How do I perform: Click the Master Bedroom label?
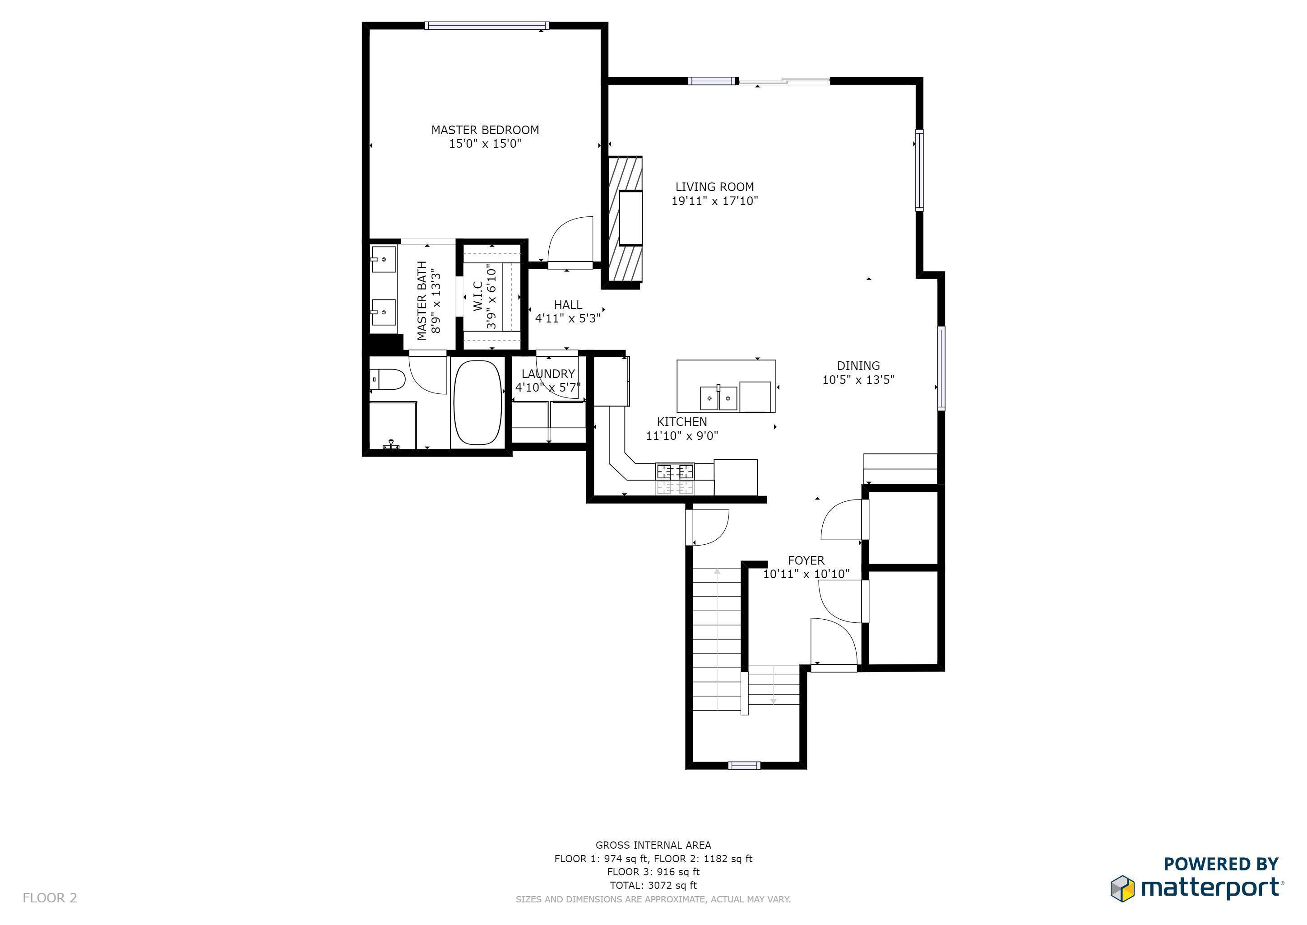485,130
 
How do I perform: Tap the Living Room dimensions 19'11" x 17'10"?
715,201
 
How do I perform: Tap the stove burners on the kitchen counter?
675,472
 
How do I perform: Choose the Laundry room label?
548,374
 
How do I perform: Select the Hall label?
568,305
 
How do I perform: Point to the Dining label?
858,366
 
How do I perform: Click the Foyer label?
806,560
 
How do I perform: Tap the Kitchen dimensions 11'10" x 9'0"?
682,436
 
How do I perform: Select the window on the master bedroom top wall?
487,26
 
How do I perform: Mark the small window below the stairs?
745,766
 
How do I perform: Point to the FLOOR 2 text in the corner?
50,898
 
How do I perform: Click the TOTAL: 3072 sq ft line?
653,885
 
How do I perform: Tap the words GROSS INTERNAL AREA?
653,845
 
